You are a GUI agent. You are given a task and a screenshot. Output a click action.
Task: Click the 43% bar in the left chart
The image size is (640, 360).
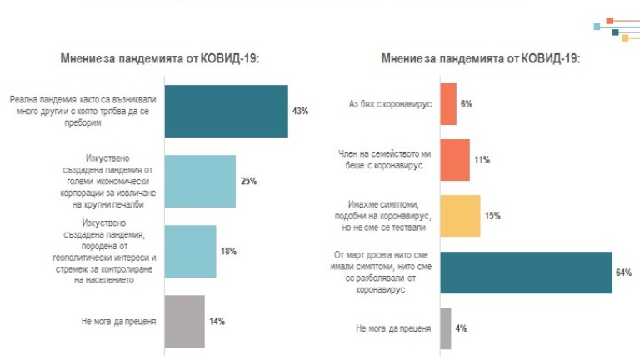point(227,111)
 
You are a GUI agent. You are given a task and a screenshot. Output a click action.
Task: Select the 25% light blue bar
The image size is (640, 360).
point(200,181)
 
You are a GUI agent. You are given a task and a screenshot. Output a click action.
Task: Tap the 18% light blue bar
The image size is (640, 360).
point(190,251)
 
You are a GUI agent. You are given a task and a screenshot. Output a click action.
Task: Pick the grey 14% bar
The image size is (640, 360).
point(184,321)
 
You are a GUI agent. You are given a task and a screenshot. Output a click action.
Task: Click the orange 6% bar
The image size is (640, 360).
point(447,104)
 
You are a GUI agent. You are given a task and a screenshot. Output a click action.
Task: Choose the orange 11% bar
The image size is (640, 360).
point(454,159)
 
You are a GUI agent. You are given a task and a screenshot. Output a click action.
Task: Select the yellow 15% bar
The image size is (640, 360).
point(459,215)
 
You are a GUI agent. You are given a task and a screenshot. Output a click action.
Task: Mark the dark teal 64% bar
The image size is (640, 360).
point(526,272)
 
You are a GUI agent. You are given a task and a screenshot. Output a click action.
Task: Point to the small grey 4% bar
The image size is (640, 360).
point(445,327)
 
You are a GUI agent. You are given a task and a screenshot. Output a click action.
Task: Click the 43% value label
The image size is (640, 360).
point(300,111)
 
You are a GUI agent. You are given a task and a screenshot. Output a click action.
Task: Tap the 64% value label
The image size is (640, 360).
point(624,272)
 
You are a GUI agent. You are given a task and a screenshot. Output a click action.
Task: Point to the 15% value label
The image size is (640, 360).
point(492,216)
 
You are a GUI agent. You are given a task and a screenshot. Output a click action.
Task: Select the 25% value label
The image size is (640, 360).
point(248,181)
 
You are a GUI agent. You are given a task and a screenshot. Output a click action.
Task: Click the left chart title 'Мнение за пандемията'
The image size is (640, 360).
point(160,58)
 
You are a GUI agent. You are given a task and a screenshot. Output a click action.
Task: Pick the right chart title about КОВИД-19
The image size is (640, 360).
point(481,58)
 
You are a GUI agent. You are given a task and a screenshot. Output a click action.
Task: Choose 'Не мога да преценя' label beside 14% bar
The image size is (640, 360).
point(116,321)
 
